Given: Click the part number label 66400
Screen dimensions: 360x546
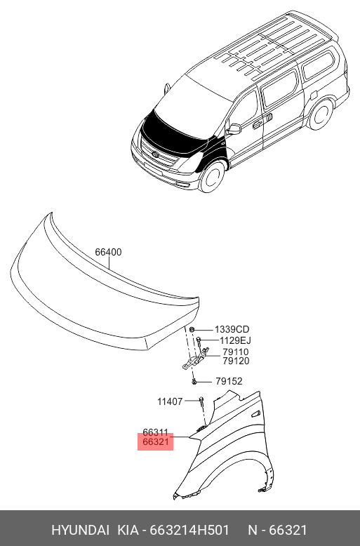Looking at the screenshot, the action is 108,252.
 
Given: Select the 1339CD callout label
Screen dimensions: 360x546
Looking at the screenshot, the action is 232,329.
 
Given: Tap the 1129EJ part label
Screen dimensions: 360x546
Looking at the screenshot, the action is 235,340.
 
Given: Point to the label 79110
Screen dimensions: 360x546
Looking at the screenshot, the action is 236,352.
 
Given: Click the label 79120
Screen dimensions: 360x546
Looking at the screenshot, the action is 236,361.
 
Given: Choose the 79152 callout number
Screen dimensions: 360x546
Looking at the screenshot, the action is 229,381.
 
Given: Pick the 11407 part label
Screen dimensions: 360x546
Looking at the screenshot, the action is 170,401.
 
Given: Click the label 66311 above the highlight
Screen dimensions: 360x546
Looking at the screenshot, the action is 156,432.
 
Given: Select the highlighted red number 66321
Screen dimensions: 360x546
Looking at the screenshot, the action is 156,442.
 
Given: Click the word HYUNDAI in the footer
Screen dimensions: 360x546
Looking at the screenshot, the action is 80,531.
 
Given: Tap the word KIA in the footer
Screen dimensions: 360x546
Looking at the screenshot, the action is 128,531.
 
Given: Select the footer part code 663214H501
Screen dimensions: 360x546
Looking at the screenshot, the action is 189,531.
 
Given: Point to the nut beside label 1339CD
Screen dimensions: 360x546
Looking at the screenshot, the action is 192,329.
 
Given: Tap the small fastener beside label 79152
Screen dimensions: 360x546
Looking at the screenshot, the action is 194,382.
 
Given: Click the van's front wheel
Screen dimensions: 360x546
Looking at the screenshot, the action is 211,178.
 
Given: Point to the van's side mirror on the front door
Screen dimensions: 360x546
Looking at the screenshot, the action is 234,129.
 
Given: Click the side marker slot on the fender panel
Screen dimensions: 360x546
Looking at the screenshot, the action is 255,414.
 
